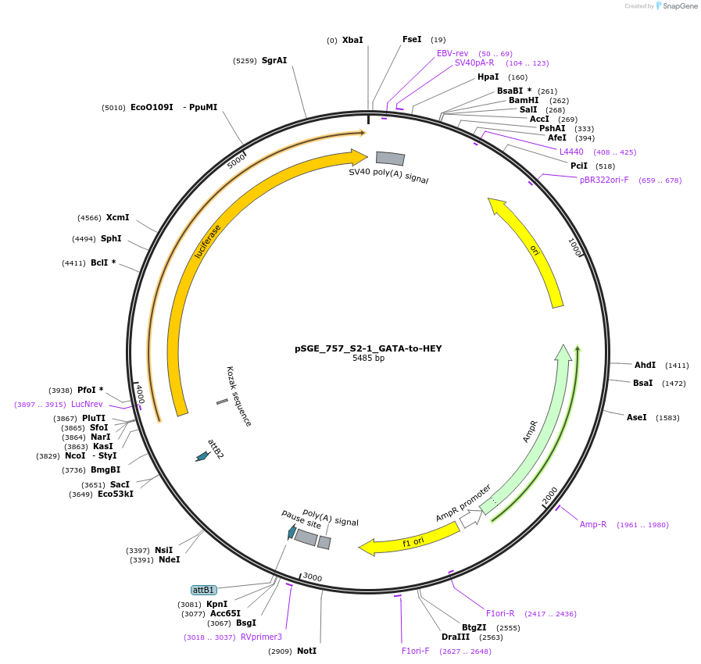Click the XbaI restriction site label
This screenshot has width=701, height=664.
(352, 40)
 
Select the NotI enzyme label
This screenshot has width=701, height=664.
(306, 651)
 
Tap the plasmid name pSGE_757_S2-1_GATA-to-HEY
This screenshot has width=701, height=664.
(368, 348)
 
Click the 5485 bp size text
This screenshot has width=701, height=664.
(368, 359)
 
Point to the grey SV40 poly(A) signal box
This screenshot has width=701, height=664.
(390, 158)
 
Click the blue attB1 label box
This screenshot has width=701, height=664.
(203, 590)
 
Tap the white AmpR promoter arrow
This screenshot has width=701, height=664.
(470, 517)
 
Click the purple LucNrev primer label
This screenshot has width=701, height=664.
(87, 404)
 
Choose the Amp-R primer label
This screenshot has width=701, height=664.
(593, 524)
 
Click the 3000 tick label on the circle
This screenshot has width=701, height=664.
(313, 577)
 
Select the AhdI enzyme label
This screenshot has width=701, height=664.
(645, 365)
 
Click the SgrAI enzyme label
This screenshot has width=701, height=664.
(274, 60)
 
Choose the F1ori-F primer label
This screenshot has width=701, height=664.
(416, 651)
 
